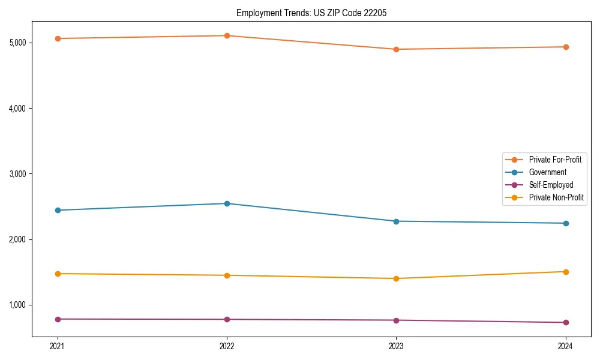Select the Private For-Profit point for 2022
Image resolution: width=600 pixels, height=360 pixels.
(x=227, y=35)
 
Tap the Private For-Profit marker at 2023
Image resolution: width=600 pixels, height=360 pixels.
(x=396, y=49)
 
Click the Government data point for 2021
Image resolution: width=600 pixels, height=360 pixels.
(x=58, y=210)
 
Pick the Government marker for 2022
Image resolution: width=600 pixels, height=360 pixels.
(x=227, y=203)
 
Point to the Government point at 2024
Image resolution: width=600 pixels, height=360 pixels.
(x=566, y=223)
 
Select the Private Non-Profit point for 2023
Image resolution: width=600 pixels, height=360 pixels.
(x=396, y=278)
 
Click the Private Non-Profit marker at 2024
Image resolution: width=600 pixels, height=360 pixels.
(x=566, y=272)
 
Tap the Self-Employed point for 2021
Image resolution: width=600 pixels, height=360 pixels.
(x=58, y=319)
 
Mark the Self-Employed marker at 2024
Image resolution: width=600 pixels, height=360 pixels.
(x=566, y=322)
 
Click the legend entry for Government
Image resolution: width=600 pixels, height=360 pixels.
(x=547, y=172)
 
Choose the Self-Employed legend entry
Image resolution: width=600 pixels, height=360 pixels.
(x=551, y=185)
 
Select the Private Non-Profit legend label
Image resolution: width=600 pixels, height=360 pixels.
(x=556, y=197)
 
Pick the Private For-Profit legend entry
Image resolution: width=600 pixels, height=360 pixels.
(x=555, y=160)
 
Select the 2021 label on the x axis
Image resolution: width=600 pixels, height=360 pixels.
(x=58, y=346)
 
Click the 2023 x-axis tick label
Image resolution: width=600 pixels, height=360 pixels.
(x=396, y=346)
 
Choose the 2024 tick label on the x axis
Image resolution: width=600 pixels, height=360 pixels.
(x=566, y=346)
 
